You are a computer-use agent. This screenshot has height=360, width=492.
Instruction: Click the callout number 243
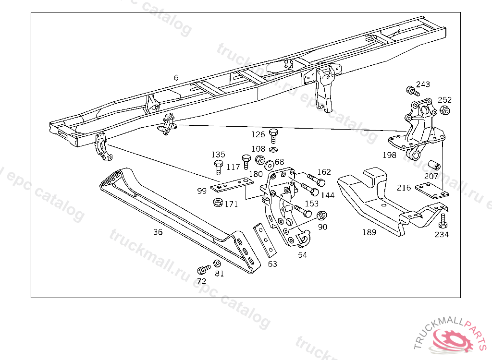[x=423, y=84]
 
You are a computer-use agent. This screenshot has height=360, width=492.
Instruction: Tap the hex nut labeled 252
[x=444, y=110]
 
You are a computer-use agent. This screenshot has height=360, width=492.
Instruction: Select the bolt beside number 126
[x=273, y=135]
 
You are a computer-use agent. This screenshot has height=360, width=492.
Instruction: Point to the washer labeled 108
[x=273, y=149]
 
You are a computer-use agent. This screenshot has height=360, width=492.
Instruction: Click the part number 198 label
[x=389, y=155]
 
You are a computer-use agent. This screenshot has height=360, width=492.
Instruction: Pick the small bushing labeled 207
[x=434, y=165]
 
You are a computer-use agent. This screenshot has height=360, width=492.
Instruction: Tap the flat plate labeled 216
[x=432, y=192]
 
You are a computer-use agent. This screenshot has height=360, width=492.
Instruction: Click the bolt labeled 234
[x=443, y=221]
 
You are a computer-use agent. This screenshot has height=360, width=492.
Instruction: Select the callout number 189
[x=369, y=232]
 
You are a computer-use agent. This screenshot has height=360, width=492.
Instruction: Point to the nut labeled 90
[x=322, y=216]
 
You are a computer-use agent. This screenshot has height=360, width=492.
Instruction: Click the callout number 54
[x=302, y=255]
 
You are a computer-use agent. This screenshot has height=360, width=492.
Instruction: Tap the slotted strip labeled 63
[x=265, y=240]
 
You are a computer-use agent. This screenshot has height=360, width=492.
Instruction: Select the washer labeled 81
[x=217, y=264]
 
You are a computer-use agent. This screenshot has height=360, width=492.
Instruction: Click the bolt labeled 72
[x=204, y=269]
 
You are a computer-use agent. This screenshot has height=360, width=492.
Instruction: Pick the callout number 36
[x=158, y=232]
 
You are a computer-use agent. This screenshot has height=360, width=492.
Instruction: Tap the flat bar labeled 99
[x=232, y=184]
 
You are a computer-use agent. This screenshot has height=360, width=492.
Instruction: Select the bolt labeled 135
[x=218, y=167]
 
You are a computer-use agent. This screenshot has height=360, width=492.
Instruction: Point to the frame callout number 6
[x=176, y=77]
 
